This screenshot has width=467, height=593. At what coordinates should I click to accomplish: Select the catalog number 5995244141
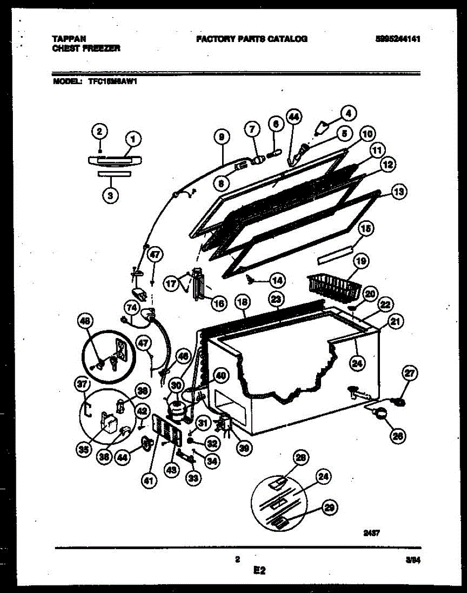click(398, 39)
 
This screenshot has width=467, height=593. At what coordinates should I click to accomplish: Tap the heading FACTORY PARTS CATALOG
click(251, 39)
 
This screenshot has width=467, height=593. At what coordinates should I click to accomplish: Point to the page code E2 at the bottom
click(259, 571)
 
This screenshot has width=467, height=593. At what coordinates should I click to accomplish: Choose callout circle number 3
click(110, 195)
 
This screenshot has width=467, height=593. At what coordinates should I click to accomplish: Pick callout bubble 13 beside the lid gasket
click(397, 192)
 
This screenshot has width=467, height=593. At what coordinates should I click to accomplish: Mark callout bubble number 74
click(131, 307)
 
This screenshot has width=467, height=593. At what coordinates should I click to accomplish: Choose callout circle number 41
click(147, 478)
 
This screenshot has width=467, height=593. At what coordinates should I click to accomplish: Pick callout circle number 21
click(395, 322)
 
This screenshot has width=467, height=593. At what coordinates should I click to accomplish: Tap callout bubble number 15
click(366, 229)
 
